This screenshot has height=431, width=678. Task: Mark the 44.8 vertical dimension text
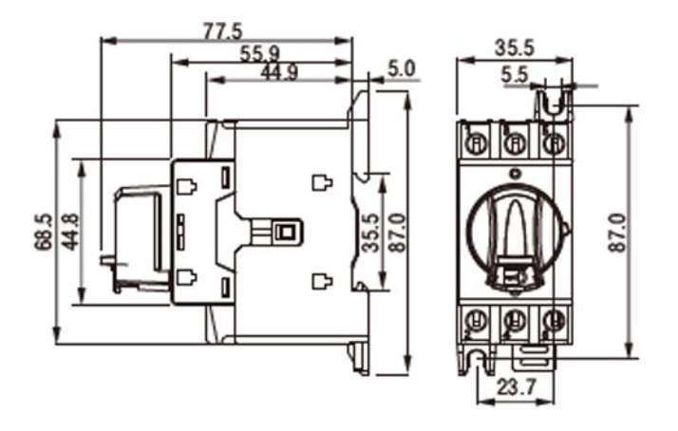coord(69,232)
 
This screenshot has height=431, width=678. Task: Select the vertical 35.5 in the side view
coord(371,231)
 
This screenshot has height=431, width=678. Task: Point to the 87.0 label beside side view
coord(396,231)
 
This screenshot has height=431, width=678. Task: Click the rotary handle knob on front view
coord(515,233)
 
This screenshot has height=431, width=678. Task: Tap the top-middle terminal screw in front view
coord(515,143)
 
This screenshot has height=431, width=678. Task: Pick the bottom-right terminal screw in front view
coord(553,321)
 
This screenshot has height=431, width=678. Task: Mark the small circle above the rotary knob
coord(515,174)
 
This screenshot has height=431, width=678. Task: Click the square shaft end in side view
coord(285,232)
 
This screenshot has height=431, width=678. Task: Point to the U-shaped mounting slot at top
coord(556,100)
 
